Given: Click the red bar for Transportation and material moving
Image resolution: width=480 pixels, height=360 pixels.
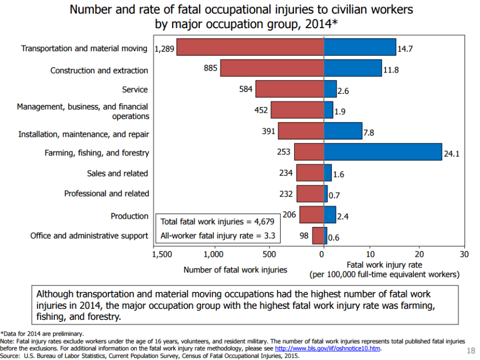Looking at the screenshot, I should click(250, 47).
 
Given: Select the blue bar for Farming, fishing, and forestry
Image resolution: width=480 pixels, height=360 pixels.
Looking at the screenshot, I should click(382, 152).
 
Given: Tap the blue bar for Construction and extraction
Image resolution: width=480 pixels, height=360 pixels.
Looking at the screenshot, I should click(353, 68).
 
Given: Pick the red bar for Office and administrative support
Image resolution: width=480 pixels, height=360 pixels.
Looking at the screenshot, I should click(318, 236).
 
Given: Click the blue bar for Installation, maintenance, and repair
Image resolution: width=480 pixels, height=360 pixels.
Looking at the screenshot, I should click(343, 131).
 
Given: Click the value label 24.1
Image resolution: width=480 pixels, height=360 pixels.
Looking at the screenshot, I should click(451, 155).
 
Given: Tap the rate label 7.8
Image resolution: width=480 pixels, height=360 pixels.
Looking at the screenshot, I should click(368, 133).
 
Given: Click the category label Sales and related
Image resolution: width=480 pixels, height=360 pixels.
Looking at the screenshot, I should click(117, 173).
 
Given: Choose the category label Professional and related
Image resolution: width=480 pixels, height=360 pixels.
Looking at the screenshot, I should click(106, 194).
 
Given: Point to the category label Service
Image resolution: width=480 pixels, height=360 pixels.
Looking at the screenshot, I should click(135, 90).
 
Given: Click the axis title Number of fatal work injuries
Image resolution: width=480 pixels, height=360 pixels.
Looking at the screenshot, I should click(235, 270).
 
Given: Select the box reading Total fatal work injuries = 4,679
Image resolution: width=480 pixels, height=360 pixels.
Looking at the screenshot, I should click(217, 221).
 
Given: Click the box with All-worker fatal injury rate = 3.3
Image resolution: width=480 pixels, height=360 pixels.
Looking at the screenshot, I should click(217, 236).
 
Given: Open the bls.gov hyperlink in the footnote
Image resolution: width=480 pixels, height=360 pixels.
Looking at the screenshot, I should click(328, 349).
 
